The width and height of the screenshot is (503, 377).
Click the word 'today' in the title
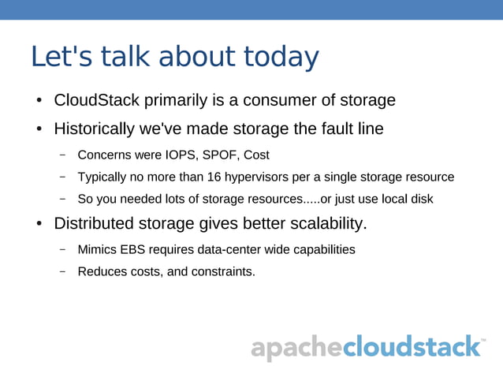click(x=281, y=58)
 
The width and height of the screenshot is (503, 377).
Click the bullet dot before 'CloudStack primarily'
click(x=38, y=102)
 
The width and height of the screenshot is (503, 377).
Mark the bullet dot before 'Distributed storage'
click(x=38, y=225)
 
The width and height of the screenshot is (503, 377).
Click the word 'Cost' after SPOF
click(x=256, y=155)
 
